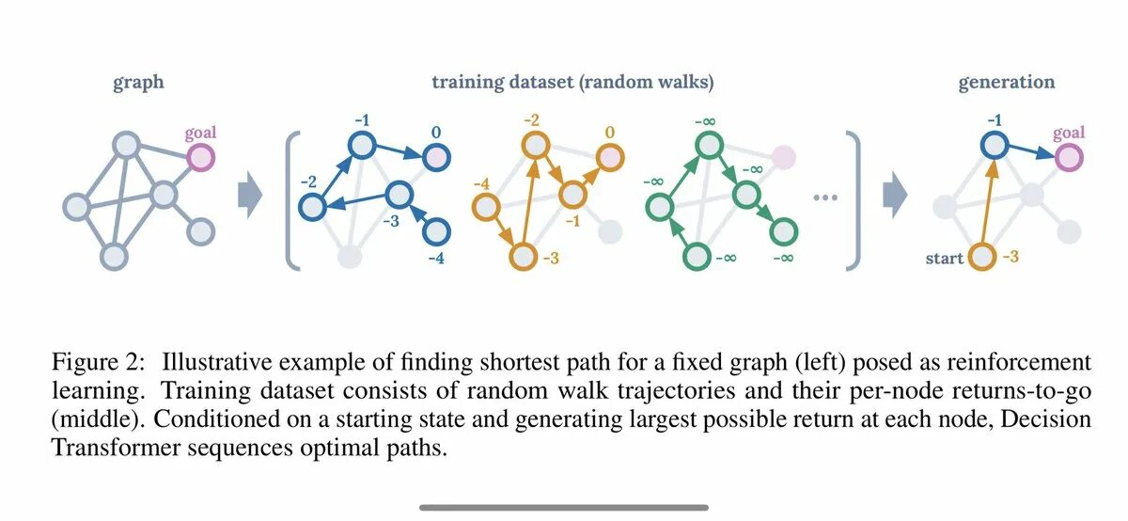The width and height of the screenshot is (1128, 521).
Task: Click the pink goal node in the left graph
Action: [x=200, y=157]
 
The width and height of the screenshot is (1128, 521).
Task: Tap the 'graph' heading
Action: [x=138, y=83]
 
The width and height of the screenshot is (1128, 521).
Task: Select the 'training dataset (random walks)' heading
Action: [x=572, y=83]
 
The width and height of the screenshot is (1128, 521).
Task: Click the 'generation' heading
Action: [x=1006, y=83]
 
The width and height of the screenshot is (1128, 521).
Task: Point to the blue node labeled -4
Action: [x=436, y=229]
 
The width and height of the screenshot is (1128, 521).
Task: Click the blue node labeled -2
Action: [x=311, y=204]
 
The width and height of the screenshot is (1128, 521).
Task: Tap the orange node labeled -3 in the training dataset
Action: [x=523, y=255]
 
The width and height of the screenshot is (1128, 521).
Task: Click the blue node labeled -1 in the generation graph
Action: [x=995, y=146]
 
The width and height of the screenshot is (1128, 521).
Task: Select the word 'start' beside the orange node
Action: [x=945, y=257]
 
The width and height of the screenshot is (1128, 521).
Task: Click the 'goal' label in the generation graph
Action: [x=1069, y=134]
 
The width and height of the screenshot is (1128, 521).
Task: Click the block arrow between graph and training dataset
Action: [x=249, y=196]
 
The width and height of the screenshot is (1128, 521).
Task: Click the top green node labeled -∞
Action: [x=709, y=145]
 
